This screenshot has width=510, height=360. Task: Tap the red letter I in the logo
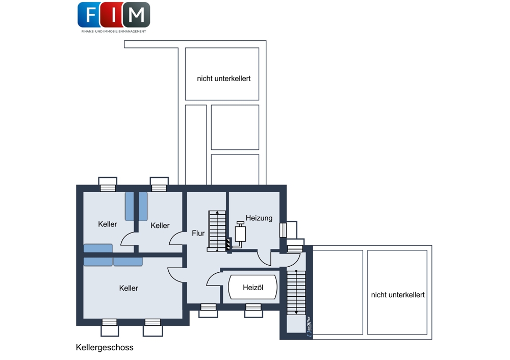(x=114, y=15)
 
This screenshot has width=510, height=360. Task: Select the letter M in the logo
(x=136, y=15)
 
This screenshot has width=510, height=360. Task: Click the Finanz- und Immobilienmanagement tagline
(x=114, y=32)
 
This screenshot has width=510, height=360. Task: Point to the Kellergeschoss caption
(x=105, y=348)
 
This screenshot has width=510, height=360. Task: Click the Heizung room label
(x=259, y=218)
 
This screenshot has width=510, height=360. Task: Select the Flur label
(x=198, y=233)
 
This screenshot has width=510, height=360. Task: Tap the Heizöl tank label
(x=253, y=288)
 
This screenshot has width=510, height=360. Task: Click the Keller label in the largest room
(x=129, y=288)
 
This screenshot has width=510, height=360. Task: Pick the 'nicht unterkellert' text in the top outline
(x=224, y=79)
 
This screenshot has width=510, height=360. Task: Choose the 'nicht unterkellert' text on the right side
(x=398, y=295)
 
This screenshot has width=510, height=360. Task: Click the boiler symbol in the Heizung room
(x=240, y=234)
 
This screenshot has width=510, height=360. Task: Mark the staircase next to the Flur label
(x=217, y=231)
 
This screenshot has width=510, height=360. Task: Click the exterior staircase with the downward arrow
(x=296, y=292)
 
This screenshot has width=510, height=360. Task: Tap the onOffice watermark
(x=309, y=326)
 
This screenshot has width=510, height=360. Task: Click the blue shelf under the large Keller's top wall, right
(x=128, y=262)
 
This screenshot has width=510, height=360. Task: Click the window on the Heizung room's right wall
(x=283, y=230)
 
